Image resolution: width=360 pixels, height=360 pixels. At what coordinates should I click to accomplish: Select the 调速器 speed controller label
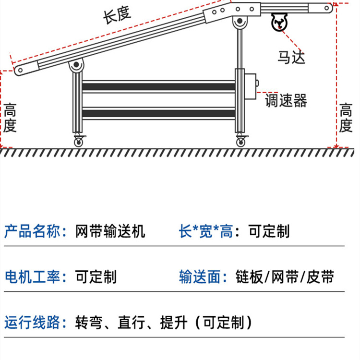click(x=286, y=101)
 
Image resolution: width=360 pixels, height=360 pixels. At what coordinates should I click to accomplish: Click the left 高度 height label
click(x=11, y=118)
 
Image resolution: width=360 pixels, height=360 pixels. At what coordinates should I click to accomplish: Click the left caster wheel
click(x=78, y=142)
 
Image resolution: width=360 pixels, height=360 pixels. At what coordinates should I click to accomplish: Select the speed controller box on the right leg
click(x=251, y=88)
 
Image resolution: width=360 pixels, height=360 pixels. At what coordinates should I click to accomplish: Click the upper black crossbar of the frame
click(x=158, y=87)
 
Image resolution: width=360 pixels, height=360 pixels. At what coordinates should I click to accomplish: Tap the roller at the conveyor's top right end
click(x=328, y=8)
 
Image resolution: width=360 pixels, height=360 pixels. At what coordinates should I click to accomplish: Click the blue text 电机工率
click(x=33, y=276)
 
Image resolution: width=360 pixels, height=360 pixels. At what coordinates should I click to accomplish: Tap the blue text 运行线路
click(x=33, y=322)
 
